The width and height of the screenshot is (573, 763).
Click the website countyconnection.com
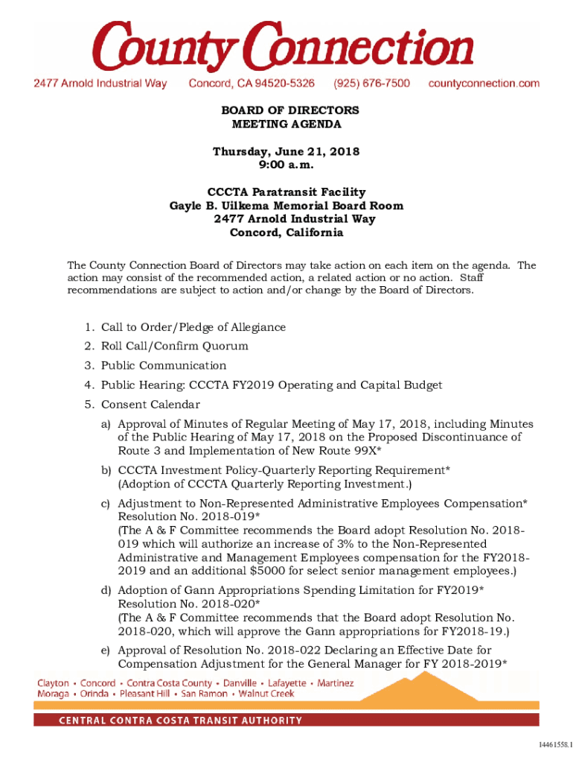click(x=484, y=83)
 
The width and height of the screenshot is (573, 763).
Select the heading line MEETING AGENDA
click(x=286, y=124)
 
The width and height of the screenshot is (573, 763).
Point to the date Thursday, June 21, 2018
click(x=286, y=151)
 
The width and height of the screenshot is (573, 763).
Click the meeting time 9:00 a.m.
click(x=286, y=165)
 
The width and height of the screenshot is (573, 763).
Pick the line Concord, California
click(x=286, y=232)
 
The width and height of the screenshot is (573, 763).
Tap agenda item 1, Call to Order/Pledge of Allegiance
click(x=193, y=327)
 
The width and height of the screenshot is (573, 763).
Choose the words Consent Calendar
click(x=150, y=405)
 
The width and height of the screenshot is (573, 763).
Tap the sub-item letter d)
click(x=106, y=590)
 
